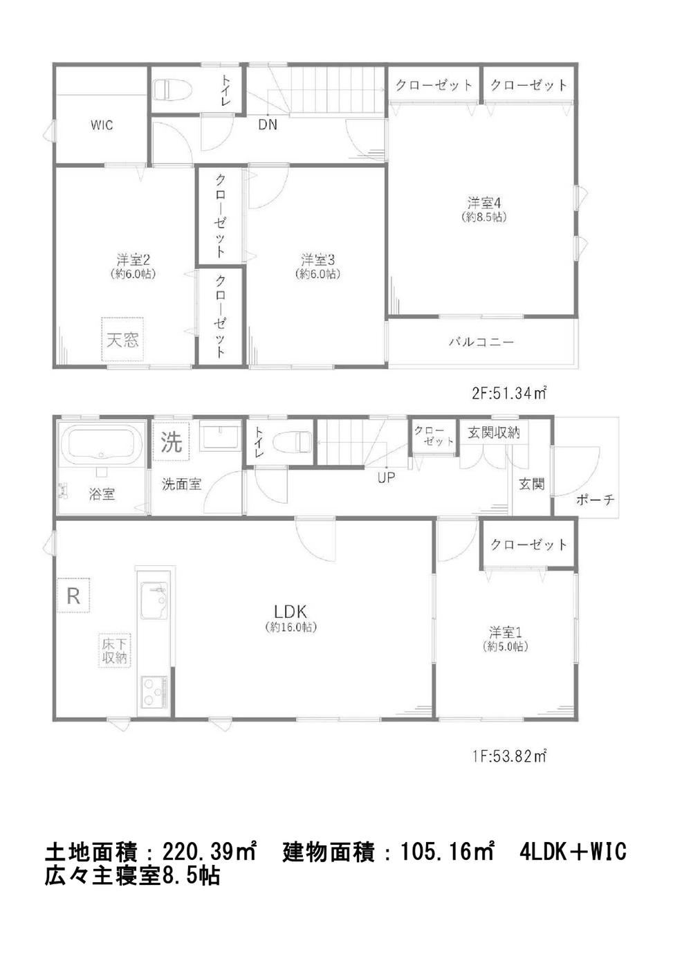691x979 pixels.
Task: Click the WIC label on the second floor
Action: pos(102,125)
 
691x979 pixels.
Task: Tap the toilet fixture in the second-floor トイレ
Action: pos(173,89)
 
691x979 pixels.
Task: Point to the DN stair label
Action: pos(268,125)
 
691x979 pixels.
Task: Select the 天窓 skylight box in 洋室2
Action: pos(123,339)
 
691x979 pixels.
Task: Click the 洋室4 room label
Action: pos(483,203)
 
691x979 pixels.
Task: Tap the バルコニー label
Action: pos(481,341)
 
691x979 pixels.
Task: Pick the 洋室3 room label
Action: pos(317,260)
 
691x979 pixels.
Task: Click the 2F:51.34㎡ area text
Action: pos(509,394)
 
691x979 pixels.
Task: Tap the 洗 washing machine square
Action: pos(172,441)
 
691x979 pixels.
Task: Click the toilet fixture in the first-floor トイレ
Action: pos(291,442)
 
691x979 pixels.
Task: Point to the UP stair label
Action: pos(386,477)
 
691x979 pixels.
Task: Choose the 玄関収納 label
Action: pos(493,432)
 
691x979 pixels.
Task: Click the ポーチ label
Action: pos(596,499)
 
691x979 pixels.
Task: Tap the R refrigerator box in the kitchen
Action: pos(73,595)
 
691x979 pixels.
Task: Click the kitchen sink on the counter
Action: pos(154,601)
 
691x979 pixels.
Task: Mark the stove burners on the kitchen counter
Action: pos(154,691)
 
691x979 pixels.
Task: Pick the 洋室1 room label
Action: pos(505,632)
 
